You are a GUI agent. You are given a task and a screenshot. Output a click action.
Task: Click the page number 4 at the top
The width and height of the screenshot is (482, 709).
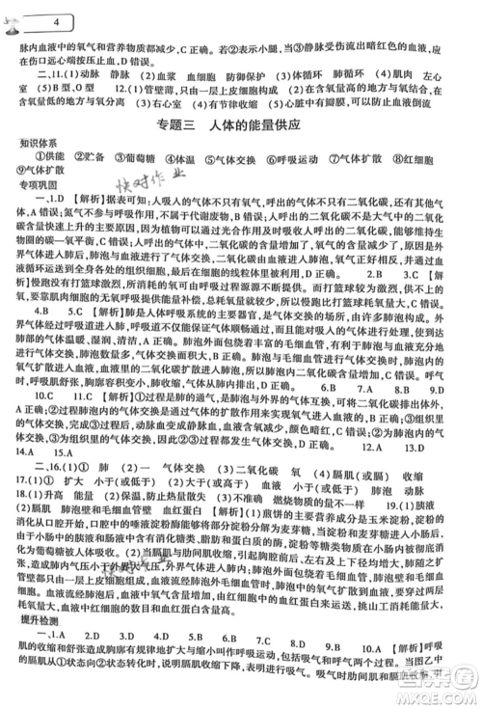click(x=35, y=18)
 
